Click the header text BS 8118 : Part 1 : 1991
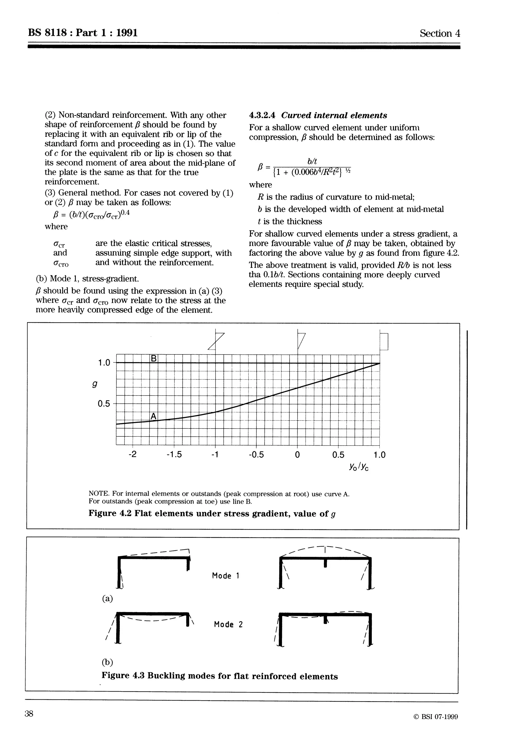click(83, 33)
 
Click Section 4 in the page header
click(439, 33)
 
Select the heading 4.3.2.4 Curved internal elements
click(318, 115)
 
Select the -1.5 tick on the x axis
click(174, 455)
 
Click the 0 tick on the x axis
click(297, 455)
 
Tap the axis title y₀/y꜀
click(358, 467)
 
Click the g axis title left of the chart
click(94, 384)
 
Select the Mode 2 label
click(228, 625)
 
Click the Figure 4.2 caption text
click(212, 514)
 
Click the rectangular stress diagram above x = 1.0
click(384, 341)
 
